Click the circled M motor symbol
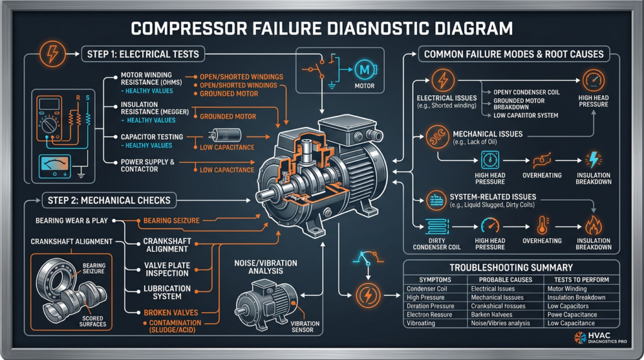364,69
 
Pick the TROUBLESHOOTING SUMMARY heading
511,267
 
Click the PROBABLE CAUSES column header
505,279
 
